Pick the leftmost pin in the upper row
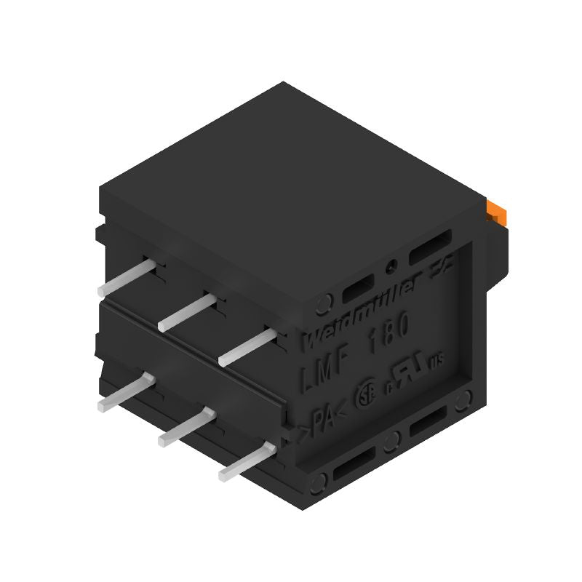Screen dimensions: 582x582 pos(128,278)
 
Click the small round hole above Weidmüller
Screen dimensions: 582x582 pos(393,266)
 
